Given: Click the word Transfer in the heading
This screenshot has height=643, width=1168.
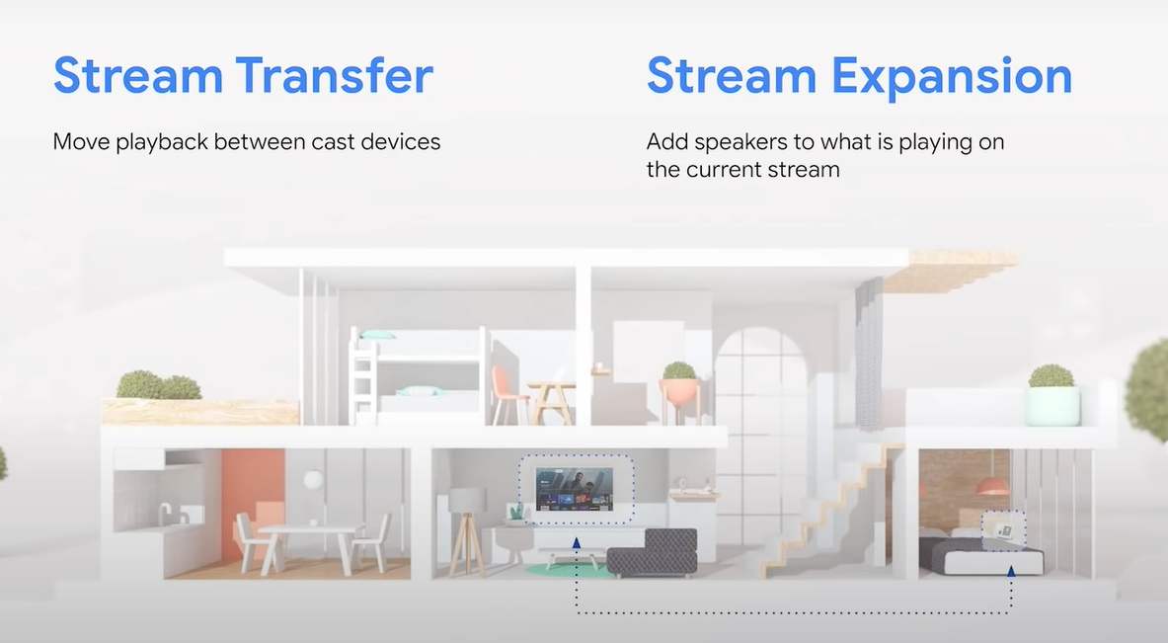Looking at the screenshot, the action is point(335,75).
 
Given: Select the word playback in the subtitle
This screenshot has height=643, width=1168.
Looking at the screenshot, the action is point(162,142).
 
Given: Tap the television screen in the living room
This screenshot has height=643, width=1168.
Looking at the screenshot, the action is point(575,490).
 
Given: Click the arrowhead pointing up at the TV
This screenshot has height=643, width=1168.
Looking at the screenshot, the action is point(576,543).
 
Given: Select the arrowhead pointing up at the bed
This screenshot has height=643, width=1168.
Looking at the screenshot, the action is point(1011,572).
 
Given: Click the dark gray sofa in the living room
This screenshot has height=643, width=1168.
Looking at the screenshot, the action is point(653,553).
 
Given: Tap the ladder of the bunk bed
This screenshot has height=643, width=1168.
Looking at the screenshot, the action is point(362,377).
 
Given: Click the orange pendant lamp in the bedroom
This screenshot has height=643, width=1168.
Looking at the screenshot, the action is point(991,486).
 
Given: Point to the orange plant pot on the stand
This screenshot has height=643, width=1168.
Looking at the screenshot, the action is point(679,392).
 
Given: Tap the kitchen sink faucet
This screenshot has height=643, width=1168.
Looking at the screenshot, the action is point(164,512).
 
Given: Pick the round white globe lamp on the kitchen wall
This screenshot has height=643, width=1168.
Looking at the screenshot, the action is point(314,480).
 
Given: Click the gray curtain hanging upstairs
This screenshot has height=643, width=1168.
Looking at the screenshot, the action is point(869,354).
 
